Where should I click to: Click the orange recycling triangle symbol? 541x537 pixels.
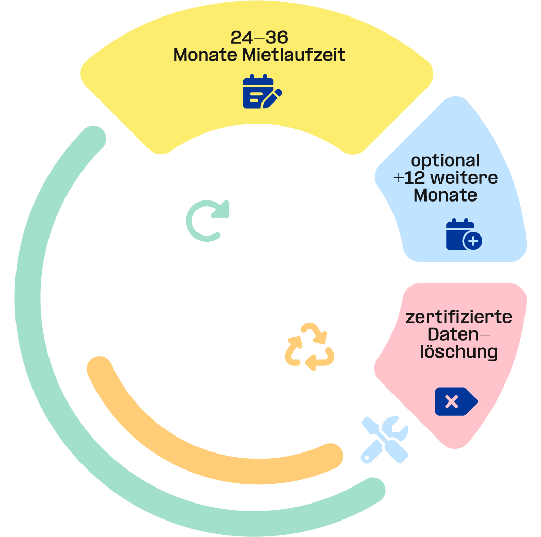(310, 347)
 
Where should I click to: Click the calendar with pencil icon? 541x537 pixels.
(262, 92)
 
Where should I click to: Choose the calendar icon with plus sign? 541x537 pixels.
(464, 234)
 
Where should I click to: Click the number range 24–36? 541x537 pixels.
(259, 38)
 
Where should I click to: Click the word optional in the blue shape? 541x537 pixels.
(446, 161)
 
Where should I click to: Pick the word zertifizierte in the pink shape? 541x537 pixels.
(458, 317)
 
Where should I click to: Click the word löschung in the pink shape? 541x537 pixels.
(458, 352)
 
